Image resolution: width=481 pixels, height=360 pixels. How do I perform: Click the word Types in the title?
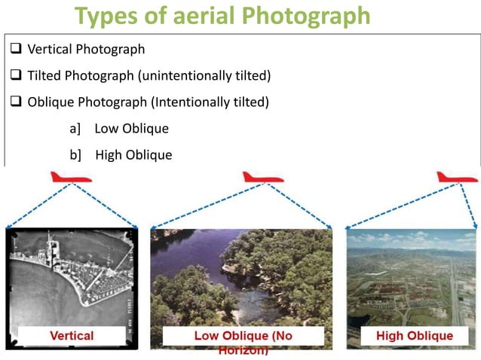(106, 16)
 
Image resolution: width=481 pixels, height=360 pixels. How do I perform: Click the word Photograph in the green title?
(308, 16)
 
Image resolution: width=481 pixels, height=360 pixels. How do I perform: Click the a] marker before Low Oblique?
(75, 129)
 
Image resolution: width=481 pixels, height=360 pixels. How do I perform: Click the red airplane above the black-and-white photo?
(70, 178)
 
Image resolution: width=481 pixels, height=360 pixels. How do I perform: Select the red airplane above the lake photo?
(262, 178)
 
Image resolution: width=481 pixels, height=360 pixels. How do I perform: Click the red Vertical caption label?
(72, 335)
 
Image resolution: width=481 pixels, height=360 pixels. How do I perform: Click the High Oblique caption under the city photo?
(414, 335)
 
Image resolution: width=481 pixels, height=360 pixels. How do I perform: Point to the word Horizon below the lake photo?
(242, 350)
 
